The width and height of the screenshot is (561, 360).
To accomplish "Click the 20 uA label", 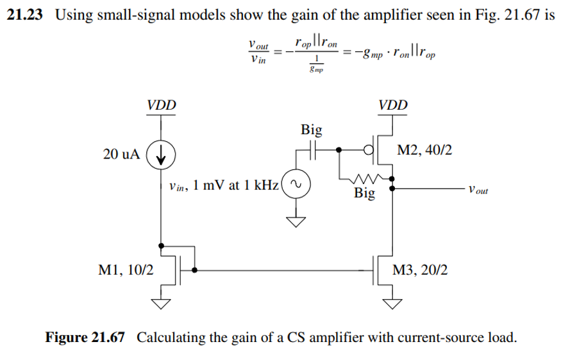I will [x=121, y=155].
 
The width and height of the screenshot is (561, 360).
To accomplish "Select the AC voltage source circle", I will [x=296, y=186].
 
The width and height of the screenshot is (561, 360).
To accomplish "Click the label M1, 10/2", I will [x=126, y=271].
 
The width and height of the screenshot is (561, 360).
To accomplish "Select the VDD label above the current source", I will [x=162, y=105].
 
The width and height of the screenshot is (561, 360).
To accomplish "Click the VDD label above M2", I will [x=392, y=105].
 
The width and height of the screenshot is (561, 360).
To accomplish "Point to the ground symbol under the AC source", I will [x=296, y=222].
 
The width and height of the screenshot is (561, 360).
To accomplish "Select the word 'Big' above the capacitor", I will [x=312, y=130].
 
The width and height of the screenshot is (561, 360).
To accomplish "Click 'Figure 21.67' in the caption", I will [x=83, y=338].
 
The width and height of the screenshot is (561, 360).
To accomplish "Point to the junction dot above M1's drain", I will [x=162, y=245].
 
